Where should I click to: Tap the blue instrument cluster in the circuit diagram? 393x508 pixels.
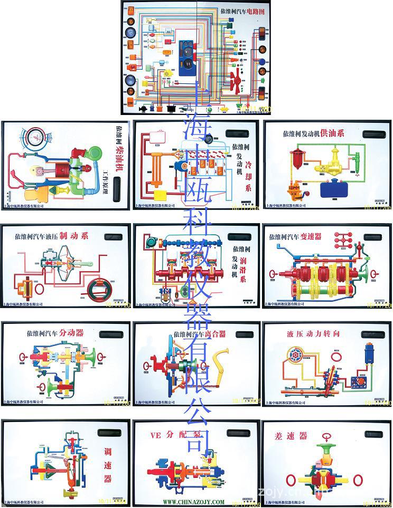tap(187, 61)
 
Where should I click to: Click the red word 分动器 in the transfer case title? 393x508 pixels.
tap(71, 333)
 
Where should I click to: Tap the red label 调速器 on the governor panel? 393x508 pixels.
tap(107, 463)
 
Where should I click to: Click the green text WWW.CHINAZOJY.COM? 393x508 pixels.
tap(193, 502)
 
